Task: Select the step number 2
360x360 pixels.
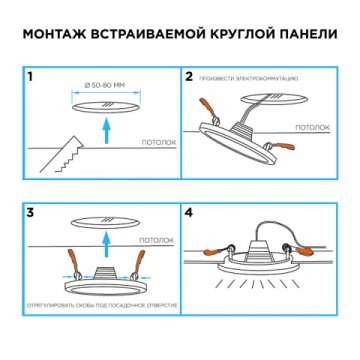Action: click(190, 75)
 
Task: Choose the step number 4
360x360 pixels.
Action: click(190, 213)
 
